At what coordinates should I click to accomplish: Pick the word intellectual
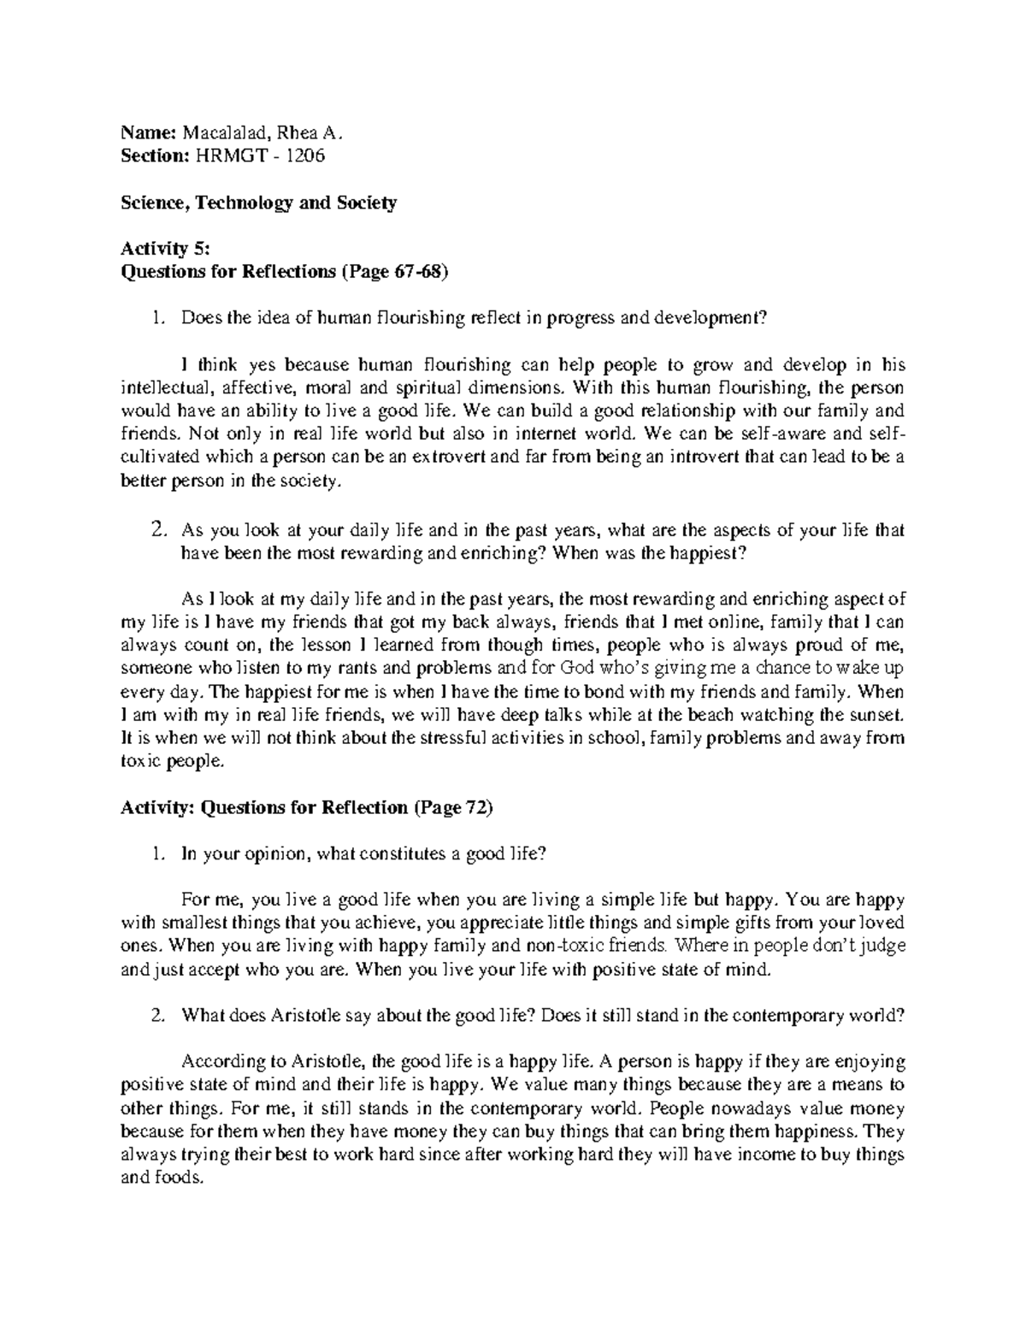159,388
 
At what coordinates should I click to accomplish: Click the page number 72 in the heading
475,808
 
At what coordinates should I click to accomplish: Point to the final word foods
179,1178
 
